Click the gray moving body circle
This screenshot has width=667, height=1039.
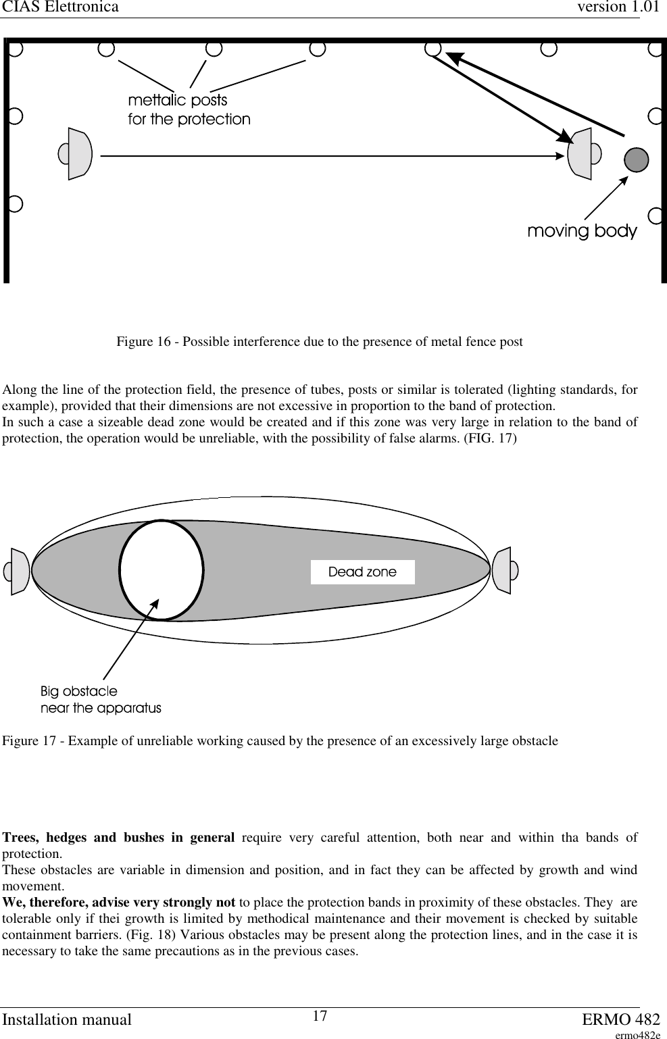coord(636,159)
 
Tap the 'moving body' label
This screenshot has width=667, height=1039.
coord(582,231)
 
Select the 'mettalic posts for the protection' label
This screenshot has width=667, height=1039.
coord(189,110)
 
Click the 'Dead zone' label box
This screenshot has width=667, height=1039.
coord(362,572)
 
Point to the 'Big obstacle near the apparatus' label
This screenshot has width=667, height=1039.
coord(101,700)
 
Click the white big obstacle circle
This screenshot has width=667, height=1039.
coord(162,570)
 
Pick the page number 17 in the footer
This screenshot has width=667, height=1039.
coord(320,1016)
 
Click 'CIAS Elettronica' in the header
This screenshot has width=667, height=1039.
coord(61,7)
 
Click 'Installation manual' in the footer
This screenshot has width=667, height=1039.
coord(66,1019)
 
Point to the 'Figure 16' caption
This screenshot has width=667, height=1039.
coord(319,342)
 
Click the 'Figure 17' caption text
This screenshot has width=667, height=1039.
coord(280,741)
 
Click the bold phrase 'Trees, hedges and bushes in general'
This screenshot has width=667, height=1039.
coord(119,838)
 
